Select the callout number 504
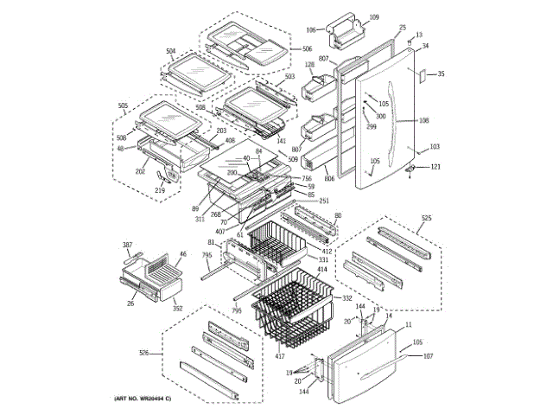pos(171,51)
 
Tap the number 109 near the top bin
pos(375,17)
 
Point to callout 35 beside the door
pos(441,74)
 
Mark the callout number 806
pos(329,179)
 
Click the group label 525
pos(426,218)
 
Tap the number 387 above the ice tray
pos(126,246)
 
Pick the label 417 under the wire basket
pos(280,356)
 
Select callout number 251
pos(324,201)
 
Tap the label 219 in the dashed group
pos(160,190)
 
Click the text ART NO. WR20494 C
pos(143,398)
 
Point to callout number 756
pos(308,178)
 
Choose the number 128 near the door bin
pos(309,65)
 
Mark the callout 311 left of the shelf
pos(200,220)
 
